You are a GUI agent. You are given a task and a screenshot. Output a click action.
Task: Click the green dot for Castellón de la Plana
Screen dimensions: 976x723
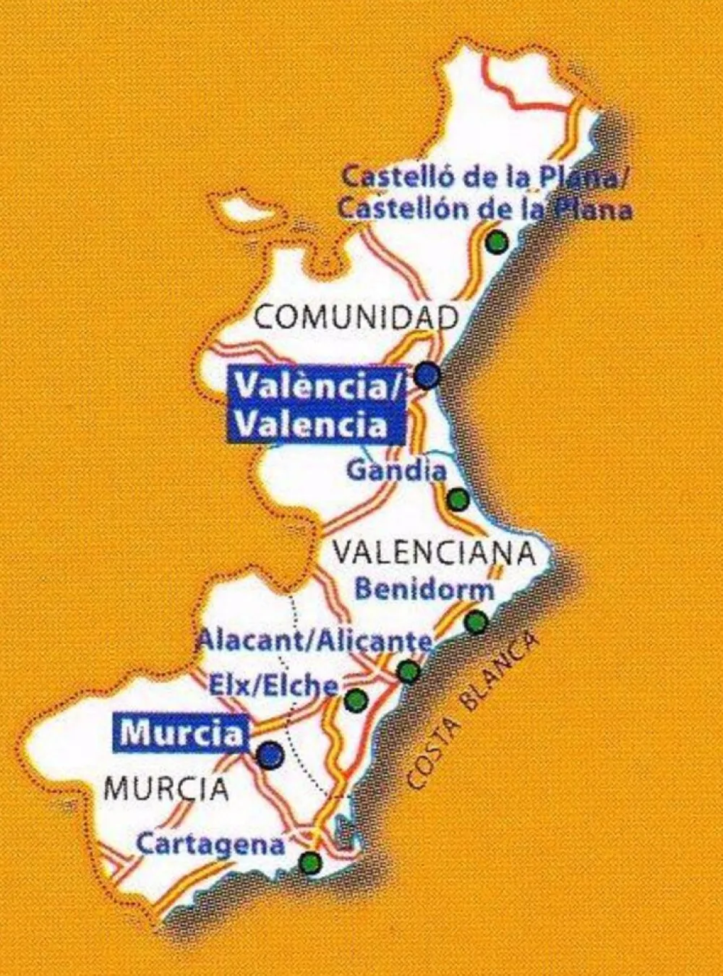(x=497, y=243)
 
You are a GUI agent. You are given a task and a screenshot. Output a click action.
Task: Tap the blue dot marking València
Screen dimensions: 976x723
(x=428, y=374)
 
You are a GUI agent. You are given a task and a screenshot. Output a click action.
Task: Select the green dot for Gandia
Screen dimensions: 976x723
(x=458, y=499)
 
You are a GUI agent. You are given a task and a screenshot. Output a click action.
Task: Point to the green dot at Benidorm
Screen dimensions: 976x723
(x=476, y=621)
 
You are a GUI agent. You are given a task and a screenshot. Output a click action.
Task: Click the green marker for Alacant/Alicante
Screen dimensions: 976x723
(x=408, y=672)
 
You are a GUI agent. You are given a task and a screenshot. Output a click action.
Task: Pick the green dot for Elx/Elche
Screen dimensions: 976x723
(x=356, y=700)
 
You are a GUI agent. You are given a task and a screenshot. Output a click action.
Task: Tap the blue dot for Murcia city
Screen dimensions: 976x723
(x=271, y=754)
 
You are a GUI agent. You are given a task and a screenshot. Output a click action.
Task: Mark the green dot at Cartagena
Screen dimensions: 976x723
(x=310, y=862)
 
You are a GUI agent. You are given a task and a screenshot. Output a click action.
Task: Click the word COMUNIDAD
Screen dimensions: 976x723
(x=357, y=318)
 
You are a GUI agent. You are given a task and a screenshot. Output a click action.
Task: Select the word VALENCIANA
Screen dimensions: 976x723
(x=434, y=554)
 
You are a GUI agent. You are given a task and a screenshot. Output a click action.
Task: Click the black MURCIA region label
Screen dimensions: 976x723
(x=166, y=788)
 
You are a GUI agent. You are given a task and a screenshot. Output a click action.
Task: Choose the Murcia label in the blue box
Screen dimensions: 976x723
(x=181, y=734)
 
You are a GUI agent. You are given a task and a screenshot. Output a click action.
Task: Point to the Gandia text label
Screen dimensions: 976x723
(x=396, y=471)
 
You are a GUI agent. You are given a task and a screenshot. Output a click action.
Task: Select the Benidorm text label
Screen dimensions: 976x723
(x=425, y=588)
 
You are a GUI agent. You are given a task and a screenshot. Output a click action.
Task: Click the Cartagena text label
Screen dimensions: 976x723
(x=210, y=844)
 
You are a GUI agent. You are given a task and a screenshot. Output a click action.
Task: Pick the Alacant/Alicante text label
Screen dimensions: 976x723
(x=315, y=641)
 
